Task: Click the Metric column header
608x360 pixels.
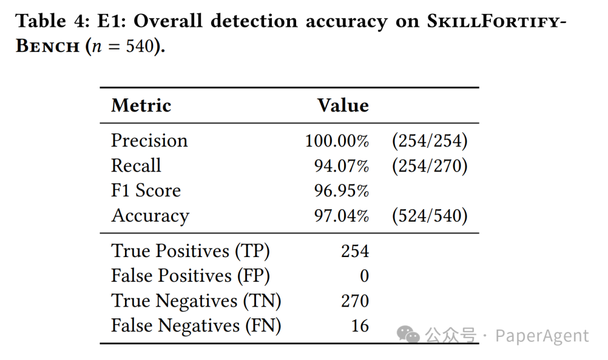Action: click(x=141, y=105)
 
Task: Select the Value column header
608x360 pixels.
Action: click(x=343, y=105)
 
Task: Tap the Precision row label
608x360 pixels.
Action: click(x=149, y=141)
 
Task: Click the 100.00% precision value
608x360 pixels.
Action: click(x=337, y=141)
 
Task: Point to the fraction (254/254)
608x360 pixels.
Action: click(x=430, y=141)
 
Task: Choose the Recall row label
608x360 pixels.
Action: click(x=136, y=165)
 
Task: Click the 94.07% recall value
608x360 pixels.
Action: click(x=341, y=165)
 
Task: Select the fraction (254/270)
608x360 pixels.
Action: click(x=430, y=165)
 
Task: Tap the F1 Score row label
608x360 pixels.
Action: click(x=146, y=191)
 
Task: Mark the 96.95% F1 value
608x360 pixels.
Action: click(x=341, y=191)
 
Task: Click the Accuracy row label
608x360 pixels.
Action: click(x=150, y=216)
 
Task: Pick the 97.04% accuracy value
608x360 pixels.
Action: click(x=341, y=216)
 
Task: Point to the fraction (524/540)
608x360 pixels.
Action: click(x=430, y=216)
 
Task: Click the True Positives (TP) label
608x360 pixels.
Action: click(x=190, y=251)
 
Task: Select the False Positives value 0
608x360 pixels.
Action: click(x=364, y=276)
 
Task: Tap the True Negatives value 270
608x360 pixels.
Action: click(x=355, y=301)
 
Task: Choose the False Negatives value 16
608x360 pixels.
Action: click(x=359, y=326)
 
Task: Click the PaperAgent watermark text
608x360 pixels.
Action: click(x=542, y=336)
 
